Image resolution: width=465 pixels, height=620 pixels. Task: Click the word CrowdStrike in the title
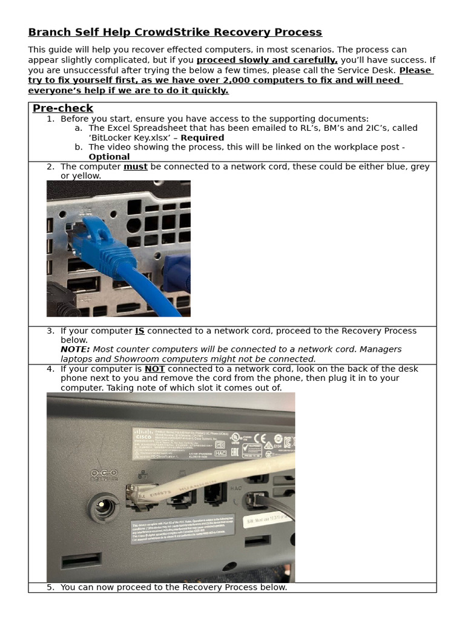click(x=165, y=32)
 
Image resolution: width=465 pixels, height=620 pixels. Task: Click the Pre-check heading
click(x=63, y=108)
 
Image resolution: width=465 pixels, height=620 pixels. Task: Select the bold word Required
click(x=202, y=137)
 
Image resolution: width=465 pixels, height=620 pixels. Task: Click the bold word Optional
click(x=109, y=157)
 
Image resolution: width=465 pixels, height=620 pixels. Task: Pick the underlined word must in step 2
click(x=136, y=167)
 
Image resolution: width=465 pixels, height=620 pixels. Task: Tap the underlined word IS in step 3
click(x=140, y=331)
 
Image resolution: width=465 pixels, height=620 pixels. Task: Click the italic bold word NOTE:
click(x=75, y=349)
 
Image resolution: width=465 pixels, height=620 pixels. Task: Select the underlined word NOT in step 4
click(x=154, y=369)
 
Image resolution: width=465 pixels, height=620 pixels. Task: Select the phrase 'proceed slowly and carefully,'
click(x=267, y=60)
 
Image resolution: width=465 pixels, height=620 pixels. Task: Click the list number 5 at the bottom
click(x=50, y=587)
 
